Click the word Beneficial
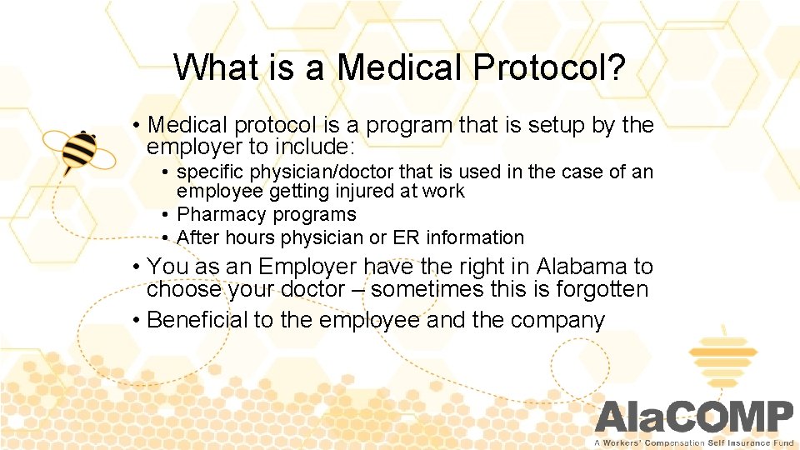click(x=197, y=319)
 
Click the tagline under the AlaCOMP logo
click(x=694, y=442)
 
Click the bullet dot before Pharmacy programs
click(x=167, y=215)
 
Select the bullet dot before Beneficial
click(x=136, y=319)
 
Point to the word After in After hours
click(x=197, y=237)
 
